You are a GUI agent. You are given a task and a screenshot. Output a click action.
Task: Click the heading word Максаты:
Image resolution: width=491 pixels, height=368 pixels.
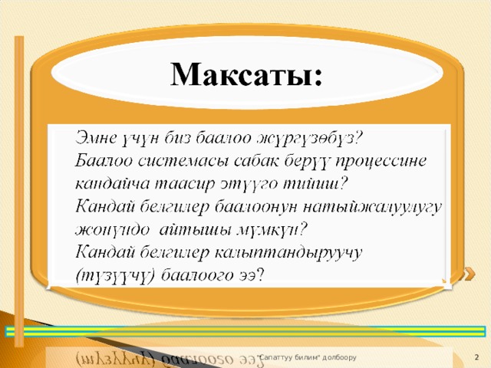(x=246, y=74)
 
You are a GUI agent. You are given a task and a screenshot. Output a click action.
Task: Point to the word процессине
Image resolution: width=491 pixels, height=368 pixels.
(x=381, y=162)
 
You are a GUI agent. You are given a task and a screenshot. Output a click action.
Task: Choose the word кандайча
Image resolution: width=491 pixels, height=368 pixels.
(x=113, y=184)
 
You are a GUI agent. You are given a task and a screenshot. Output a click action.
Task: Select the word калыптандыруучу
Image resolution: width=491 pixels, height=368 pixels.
(x=288, y=254)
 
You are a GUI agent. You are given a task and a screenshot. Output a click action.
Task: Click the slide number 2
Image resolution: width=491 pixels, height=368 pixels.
(x=477, y=357)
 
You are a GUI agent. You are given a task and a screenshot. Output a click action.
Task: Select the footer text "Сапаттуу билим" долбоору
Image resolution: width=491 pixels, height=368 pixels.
(x=307, y=357)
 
